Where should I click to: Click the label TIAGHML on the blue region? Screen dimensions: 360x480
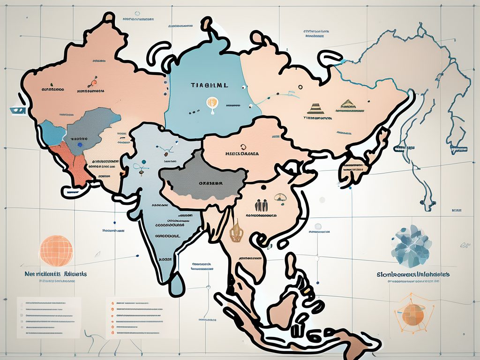[x=210, y=86]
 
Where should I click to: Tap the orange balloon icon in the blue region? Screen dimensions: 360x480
[x=211, y=103]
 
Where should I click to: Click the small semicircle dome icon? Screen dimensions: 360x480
[x=281, y=198]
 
